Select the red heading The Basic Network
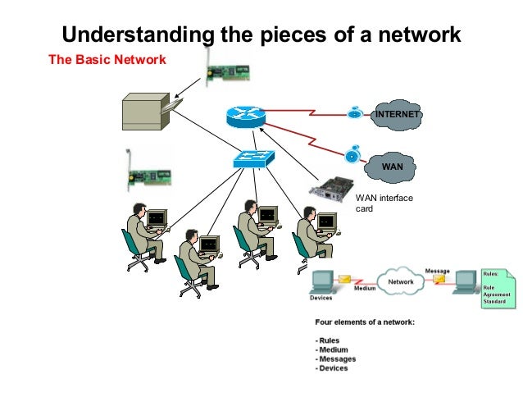[x=107, y=60]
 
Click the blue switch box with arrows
[x=252, y=158]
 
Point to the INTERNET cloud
[x=397, y=115]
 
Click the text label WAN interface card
[x=384, y=203]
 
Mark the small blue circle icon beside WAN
[x=352, y=154]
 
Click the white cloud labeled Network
[x=401, y=281]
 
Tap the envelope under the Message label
[x=440, y=279]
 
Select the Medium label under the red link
[x=365, y=289]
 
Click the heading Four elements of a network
[x=365, y=322]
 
